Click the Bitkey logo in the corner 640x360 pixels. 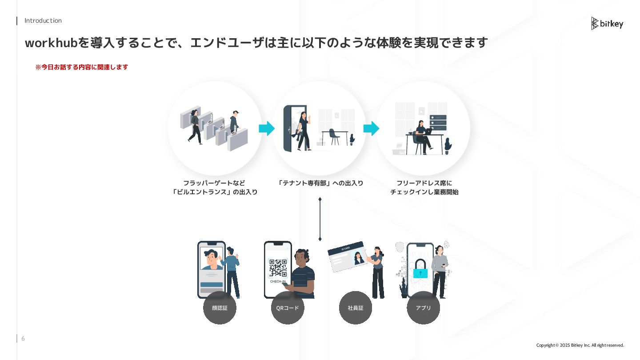tap(607, 24)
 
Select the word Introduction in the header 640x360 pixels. tap(43, 20)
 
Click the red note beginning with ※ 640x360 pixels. tap(82, 67)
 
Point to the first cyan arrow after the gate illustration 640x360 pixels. tap(267, 128)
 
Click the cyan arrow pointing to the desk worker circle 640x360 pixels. tap(371, 128)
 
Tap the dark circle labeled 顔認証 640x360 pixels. tap(220, 308)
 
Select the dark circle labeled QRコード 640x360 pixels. tap(288, 308)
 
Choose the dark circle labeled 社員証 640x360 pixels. tap(356, 308)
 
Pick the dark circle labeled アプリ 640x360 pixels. tap(423, 308)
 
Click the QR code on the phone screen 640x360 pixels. tap(278, 268)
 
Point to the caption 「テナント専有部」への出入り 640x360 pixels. tap(320, 183)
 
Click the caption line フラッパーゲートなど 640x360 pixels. tap(214, 183)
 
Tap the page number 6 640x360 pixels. tap(23, 339)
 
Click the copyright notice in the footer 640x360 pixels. tap(580, 345)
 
